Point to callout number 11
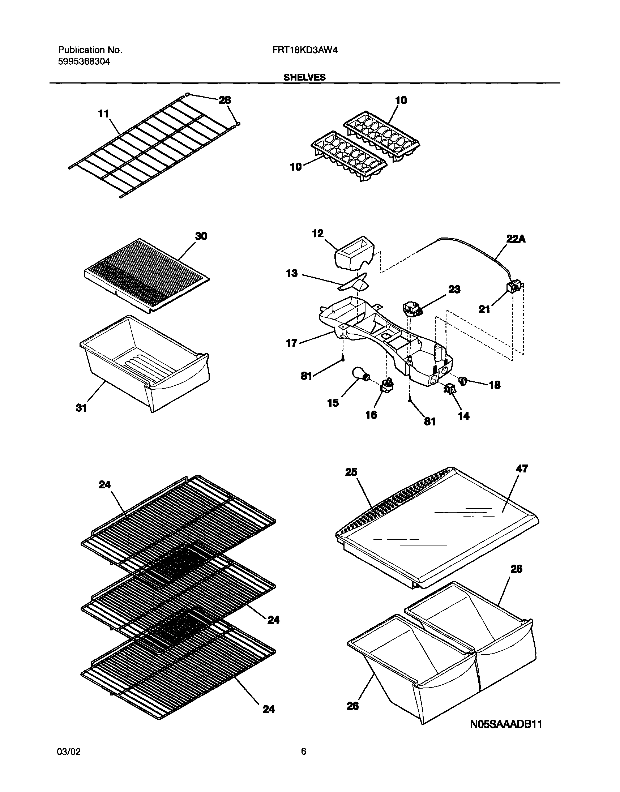pyautogui.click(x=104, y=114)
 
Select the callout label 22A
pyautogui.click(x=516, y=239)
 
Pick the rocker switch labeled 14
pyautogui.click(x=449, y=389)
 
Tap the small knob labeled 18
pyautogui.click(x=463, y=380)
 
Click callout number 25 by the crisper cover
pyautogui.click(x=351, y=472)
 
